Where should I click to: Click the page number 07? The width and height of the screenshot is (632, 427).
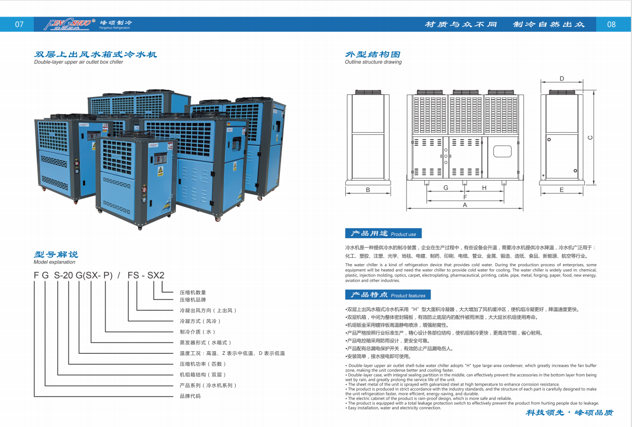point(19,24)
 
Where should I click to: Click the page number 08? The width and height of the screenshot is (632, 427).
point(611,24)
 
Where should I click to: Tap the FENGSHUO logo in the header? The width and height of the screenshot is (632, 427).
point(70,24)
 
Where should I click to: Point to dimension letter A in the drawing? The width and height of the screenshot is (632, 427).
point(465,205)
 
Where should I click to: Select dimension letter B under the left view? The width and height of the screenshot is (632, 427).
point(368,190)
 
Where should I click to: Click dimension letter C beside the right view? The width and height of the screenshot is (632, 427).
point(590,137)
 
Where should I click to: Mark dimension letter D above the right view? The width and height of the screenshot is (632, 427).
point(562,79)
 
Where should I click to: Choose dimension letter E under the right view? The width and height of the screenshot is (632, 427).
point(561,190)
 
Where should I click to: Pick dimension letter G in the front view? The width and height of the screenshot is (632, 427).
point(446,188)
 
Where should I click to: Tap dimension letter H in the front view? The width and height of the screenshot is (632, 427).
point(484,188)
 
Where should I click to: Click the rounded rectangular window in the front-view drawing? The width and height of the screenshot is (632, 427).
point(502,151)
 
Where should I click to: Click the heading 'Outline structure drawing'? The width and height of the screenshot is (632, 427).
point(373,62)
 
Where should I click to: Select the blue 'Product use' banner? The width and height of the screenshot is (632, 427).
point(383,233)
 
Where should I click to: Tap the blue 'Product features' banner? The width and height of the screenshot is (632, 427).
point(387,295)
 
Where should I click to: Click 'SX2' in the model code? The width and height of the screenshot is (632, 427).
point(156,275)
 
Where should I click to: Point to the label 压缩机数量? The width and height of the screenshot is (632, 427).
point(193,293)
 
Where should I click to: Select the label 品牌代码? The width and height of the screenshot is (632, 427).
point(190,396)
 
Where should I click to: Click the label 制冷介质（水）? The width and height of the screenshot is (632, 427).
point(197,332)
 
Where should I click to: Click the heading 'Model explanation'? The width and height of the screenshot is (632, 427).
point(55,262)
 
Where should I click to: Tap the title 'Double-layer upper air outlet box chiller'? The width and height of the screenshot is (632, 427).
point(78,62)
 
